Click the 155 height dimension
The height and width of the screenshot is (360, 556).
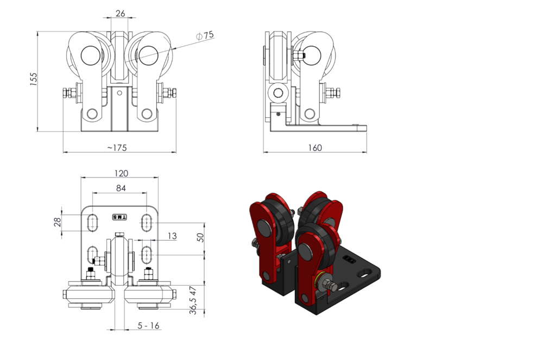pyautogui.click(x=33, y=79)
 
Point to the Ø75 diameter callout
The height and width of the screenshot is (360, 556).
pyautogui.click(x=206, y=35)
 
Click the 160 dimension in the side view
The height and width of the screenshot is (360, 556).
pyautogui.click(x=314, y=147)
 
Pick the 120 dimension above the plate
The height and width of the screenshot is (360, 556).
pyautogui.click(x=121, y=173)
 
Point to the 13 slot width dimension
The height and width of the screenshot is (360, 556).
pyautogui.click(x=172, y=236)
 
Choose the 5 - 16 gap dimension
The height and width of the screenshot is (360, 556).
pyautogui.click(x=148, y=326)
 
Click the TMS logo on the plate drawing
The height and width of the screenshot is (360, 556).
pyautogui.click(x=119, y=217)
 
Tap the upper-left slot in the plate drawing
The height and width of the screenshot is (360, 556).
pyautogui.click(x=93, y=222)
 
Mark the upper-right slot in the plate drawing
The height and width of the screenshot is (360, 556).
pyautogui.click(x=147, y=222)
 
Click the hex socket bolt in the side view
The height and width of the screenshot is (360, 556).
pyautogui.click(x=279, y=93)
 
